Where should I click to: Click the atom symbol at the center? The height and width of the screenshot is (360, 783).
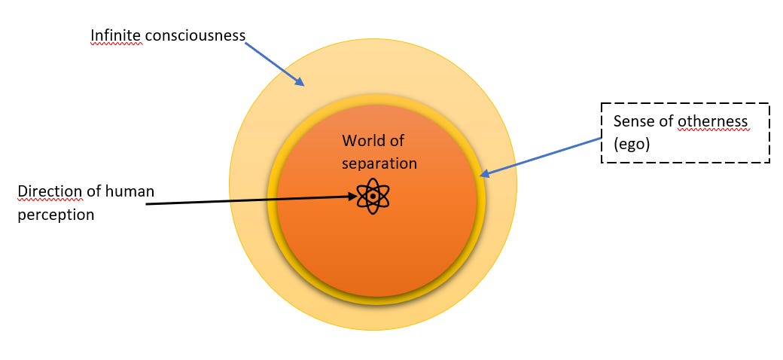point(373,197)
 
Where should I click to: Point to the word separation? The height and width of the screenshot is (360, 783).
point(379,163)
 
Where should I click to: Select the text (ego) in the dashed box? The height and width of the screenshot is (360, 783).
point(630,142)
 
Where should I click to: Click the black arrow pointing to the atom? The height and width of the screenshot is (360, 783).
point(248,200)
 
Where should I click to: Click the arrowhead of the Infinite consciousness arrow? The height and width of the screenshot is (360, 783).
point(301,82)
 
